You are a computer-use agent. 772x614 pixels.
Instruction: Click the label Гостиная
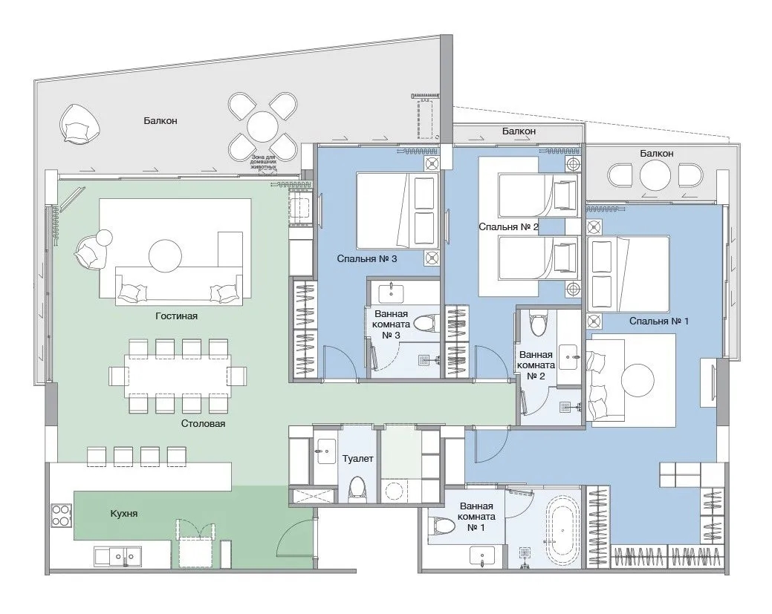click(176, 316)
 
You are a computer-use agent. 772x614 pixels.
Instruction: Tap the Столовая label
click(203, 424)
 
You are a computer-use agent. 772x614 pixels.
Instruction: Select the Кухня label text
click(123, 514)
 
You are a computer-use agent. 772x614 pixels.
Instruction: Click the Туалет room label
click(358, 459)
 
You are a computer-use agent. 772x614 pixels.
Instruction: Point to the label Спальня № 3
click(367, 259)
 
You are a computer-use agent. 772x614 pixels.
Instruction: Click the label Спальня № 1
click(659, 321)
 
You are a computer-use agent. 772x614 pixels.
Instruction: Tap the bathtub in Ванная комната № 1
click(562, 531)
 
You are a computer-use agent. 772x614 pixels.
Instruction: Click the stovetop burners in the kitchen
click(61, 515)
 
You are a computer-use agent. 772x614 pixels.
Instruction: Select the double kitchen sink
click(119, 557)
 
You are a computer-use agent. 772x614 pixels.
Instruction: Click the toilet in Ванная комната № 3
click(424, 324)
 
